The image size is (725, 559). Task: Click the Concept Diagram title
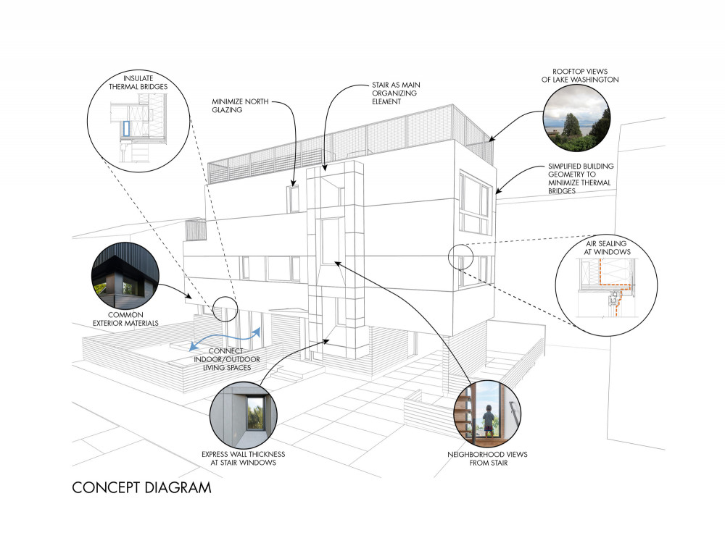(141, 488)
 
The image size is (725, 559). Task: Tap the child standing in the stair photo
(488, 420)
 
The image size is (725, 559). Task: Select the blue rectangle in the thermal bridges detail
(126, 128)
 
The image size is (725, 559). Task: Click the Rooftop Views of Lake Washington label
(580, 75)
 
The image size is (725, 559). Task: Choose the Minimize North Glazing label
(240, 105)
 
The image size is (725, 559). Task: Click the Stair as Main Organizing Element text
(396, 93)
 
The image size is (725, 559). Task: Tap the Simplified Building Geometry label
(581, 178)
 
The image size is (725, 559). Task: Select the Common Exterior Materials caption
(125, 319)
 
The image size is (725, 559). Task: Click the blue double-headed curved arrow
(226, 339)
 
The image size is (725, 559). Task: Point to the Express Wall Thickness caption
(243, 458)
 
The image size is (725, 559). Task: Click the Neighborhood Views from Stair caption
(487, 458)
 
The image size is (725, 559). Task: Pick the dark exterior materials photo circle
(125, 275)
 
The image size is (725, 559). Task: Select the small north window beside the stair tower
(293, 198)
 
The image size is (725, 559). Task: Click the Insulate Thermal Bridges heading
(138, 83)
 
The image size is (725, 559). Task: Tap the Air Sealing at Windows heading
(607, 248)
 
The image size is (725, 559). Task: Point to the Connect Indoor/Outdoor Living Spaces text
(226, 359)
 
